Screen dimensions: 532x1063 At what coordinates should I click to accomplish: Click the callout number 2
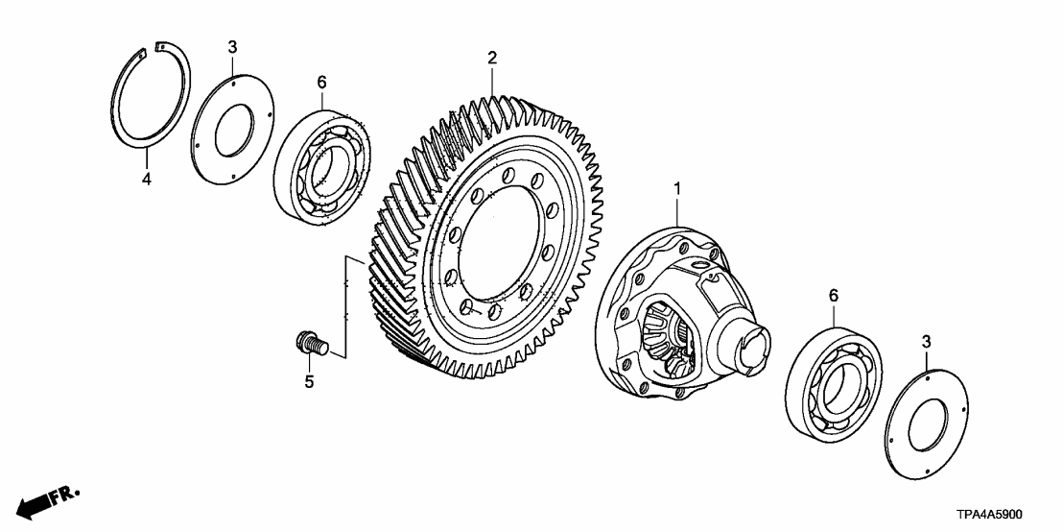tap(492, 59)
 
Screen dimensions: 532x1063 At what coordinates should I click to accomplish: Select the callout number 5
tap(309, 381)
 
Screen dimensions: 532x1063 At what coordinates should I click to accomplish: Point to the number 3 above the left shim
tap(231, 46)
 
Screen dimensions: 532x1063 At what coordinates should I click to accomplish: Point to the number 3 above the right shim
tap(926, 341)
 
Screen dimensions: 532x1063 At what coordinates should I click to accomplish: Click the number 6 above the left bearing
tap(321, 83)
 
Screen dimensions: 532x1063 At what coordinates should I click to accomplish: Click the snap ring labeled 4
tap(120, 106)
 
